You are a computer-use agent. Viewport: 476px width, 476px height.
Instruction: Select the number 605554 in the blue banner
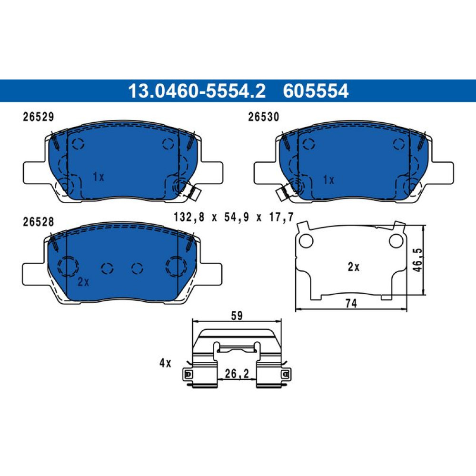pos(316,91)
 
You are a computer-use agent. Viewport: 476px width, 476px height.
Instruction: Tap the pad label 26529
pos(38,117)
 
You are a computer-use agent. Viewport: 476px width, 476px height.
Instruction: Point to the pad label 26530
pos(264,117)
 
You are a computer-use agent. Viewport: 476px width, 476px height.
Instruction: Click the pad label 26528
pos(38,222)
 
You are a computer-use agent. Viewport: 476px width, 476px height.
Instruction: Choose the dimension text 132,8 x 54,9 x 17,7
pos(234,218)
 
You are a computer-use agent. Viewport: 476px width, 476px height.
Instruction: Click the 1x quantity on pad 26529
pos(99,177)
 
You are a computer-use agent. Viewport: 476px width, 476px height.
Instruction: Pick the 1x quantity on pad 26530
pos(328,180)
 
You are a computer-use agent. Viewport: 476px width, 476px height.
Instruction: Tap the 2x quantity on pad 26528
pos(83,282)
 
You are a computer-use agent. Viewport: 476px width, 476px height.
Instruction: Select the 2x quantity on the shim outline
pos(353,267)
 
